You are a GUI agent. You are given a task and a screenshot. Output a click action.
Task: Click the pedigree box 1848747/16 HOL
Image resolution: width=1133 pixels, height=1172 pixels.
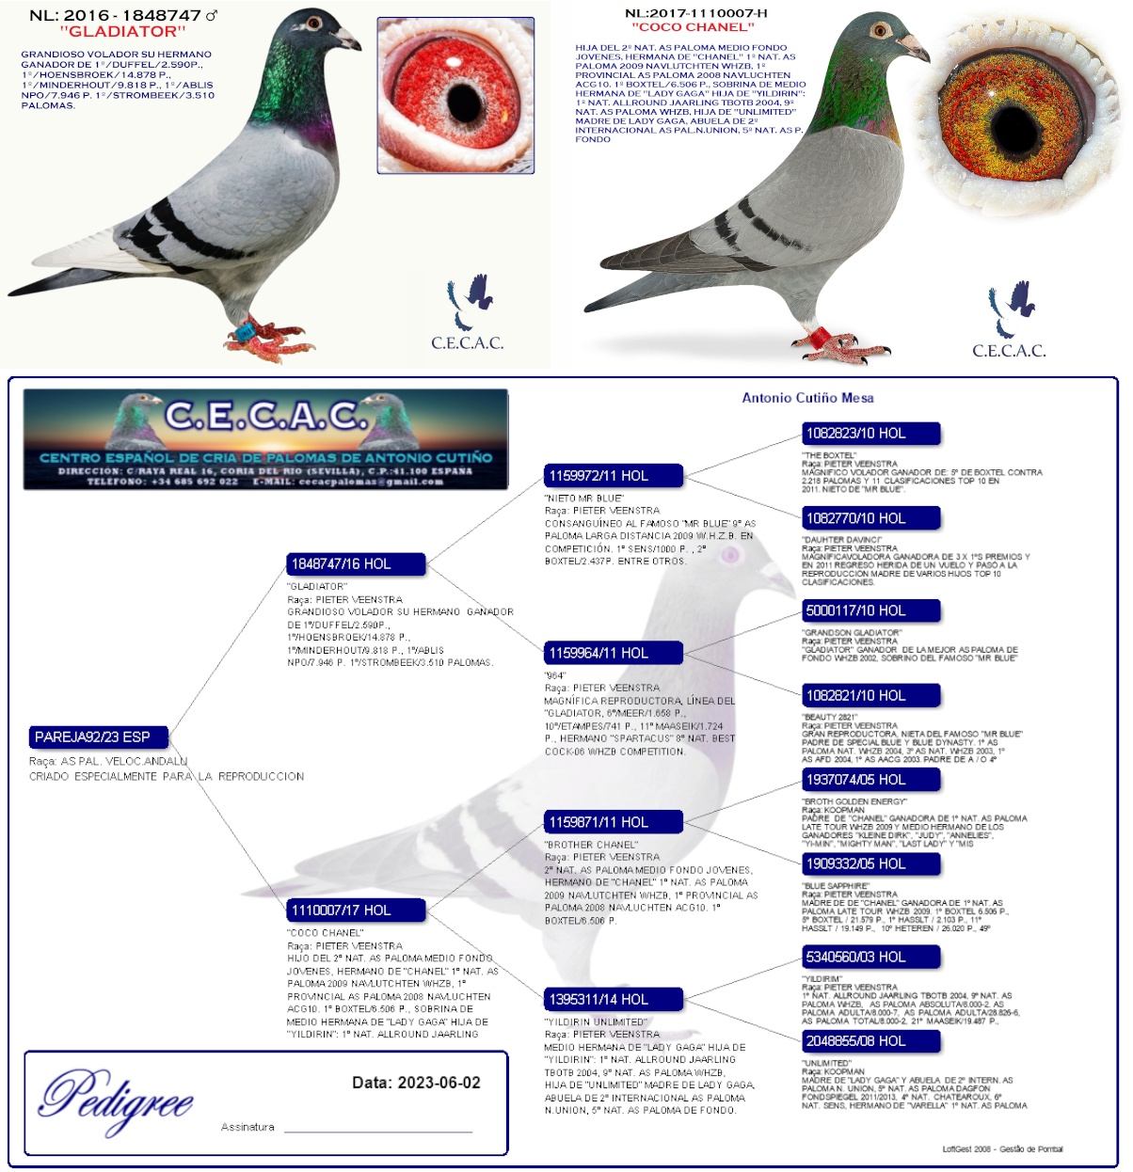coord(357,564)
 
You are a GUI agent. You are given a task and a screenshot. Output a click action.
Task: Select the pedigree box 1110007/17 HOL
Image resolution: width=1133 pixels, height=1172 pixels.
coord(357,911)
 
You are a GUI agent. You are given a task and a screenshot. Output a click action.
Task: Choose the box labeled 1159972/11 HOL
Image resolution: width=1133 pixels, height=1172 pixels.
coord(614,476)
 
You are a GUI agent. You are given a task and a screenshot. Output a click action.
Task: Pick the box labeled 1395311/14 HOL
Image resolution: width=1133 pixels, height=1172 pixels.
coord(614,999)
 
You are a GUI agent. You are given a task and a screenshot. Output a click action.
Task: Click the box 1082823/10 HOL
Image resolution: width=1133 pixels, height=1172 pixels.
coord(870,434)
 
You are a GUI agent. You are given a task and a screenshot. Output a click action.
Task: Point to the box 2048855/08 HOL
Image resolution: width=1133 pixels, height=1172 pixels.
coord(870,1041)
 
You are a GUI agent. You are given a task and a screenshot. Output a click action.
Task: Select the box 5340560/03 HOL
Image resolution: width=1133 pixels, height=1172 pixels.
coord(870,958)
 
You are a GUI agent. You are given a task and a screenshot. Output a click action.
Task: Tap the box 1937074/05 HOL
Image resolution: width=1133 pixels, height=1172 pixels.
coord(870,780)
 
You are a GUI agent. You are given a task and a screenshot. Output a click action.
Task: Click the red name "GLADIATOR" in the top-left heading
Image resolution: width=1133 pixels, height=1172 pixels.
coord(123,31)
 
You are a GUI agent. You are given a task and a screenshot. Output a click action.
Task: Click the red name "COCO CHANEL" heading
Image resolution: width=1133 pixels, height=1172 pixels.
coord(694,27)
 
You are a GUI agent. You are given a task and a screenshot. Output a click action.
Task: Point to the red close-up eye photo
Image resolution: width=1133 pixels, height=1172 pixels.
coord(455,95)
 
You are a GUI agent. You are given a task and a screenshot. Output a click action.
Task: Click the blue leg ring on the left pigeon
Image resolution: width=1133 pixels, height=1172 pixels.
coord(247,331)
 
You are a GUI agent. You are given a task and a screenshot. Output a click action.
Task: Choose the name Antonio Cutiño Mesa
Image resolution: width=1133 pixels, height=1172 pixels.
coord(807,398)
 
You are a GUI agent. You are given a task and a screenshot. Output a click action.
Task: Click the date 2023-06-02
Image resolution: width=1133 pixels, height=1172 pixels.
coord(439,1083)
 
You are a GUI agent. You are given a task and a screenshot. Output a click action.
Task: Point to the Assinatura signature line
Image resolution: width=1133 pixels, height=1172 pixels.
coord(377,1130)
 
